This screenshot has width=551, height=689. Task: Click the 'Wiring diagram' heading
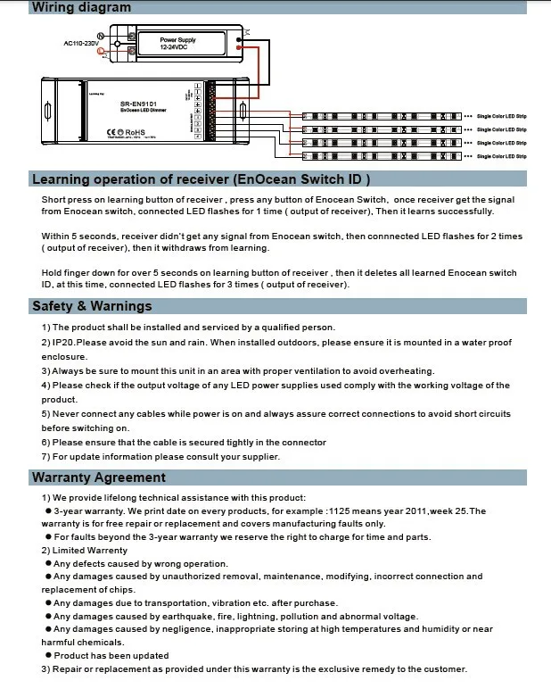[81, 7]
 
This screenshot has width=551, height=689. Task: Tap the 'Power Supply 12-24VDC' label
[178, 43]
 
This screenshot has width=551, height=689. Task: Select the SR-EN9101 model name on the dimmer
[138, 103]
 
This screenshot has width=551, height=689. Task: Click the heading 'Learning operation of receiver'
[188, 178]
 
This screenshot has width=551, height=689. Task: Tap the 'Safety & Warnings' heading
[92, 306]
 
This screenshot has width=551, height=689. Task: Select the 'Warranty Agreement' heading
[99, 477]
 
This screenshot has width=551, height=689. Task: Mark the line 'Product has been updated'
[111, 656]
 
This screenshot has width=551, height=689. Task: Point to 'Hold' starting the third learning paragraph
[53, 273]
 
